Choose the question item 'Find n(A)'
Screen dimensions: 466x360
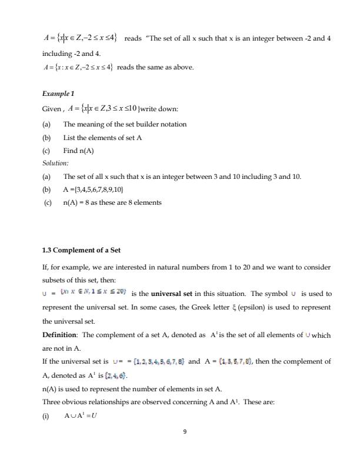(x=78, y=150)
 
